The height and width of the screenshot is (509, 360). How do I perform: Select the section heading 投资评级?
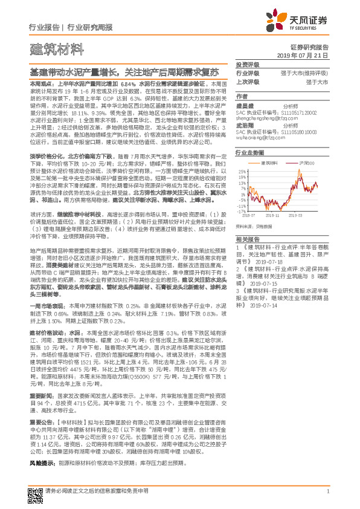click(247, 63)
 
